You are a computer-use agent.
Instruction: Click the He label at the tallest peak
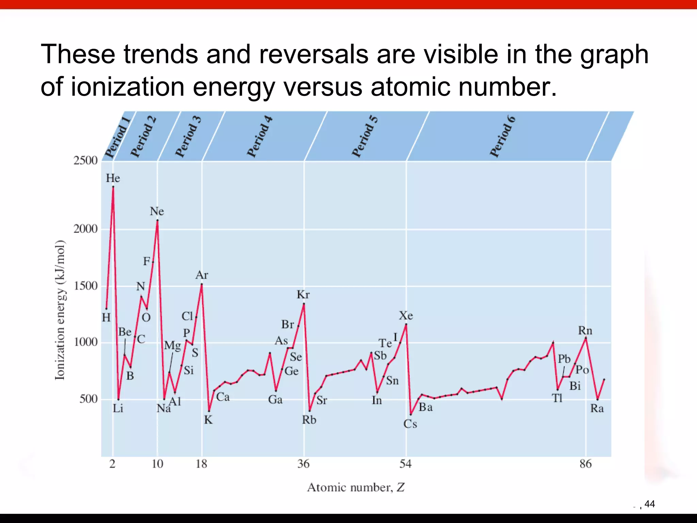pos(113,178)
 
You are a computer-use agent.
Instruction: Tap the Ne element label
pos(157,211)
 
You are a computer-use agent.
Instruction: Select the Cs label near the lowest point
pos(410,424)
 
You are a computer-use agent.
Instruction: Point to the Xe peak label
pos(406,316)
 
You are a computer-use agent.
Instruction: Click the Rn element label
pos(585,331)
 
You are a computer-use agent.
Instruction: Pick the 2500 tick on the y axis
pos(85,160)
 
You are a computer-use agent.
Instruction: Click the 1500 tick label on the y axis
pos(85,286)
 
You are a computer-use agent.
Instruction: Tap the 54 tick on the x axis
pos(405,464)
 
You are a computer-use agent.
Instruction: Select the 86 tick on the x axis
pos(585,464)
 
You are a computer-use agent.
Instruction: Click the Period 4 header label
pos(260,137)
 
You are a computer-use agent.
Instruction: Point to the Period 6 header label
pos(503,137)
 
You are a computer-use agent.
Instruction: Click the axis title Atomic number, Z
pos(356,487)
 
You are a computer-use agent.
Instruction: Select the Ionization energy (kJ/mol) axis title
pos(60,310)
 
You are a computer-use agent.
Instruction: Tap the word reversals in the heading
pos(313,54)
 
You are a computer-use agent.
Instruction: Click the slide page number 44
pos(649,504)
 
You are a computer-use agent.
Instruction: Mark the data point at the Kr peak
pos(304,303)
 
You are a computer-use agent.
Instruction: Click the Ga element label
pos(275,400)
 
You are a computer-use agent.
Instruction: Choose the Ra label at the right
pos(597,408)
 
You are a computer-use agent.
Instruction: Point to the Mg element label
pos(173,346)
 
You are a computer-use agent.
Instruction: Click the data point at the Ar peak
pos(202,284)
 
